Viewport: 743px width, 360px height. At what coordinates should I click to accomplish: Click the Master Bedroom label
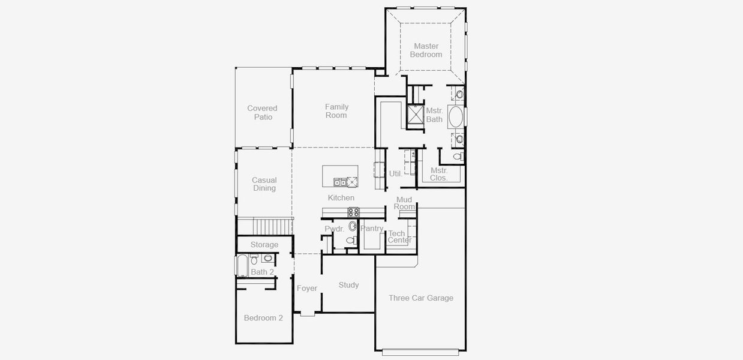tap(426, 50)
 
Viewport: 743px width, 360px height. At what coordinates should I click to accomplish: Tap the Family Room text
tap(336, 111)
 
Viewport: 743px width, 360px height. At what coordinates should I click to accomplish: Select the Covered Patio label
tap(263, 113)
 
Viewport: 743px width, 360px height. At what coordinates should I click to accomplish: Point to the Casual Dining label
tap(264, 184)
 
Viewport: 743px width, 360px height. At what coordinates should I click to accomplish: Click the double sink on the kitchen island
tap(340, 182)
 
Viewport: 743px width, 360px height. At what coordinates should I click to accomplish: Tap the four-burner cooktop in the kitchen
tap(353, 212)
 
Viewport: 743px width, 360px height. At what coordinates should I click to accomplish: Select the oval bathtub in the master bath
tap(456, 117)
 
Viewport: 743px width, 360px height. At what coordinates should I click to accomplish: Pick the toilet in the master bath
tap(458, 157)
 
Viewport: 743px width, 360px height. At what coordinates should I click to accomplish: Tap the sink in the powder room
tap(353, 226)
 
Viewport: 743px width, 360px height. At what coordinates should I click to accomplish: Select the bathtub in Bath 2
tap(242, 266)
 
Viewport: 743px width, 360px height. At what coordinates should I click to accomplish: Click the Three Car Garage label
tap(420, 298)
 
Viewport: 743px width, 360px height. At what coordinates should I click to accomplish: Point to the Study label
tap(348, 285)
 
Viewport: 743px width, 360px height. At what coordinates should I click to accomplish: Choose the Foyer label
tap(307, 289)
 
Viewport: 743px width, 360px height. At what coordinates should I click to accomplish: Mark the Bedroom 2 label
tap(263, 318)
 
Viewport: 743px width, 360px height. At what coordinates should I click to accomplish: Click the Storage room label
tap(264, 245)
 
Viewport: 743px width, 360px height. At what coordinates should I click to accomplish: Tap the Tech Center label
tap(399, 237)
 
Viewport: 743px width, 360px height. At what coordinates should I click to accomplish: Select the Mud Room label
tap(404, 203)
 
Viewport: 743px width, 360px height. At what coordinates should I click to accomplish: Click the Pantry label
tap(372, 229)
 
